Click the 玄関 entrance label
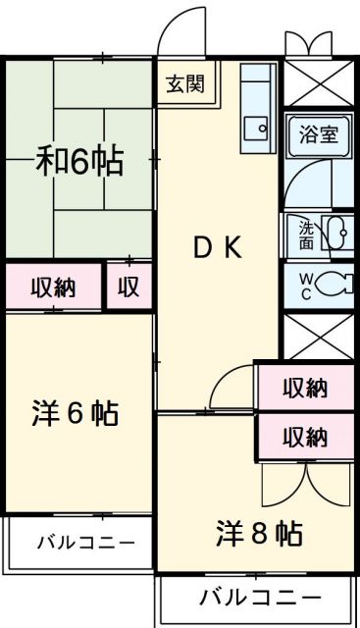(x=184, y=84)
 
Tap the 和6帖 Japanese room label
(x=81, y=161)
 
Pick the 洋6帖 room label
(x=75, y=414)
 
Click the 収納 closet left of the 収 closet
(x=53, y=288)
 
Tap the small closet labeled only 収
(x=129, y=288)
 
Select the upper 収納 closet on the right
(x=304, y=389)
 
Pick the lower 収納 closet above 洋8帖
(x=304, y=436)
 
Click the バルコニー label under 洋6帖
(x=81, y=543)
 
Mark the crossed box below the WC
(x=318, y=336)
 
